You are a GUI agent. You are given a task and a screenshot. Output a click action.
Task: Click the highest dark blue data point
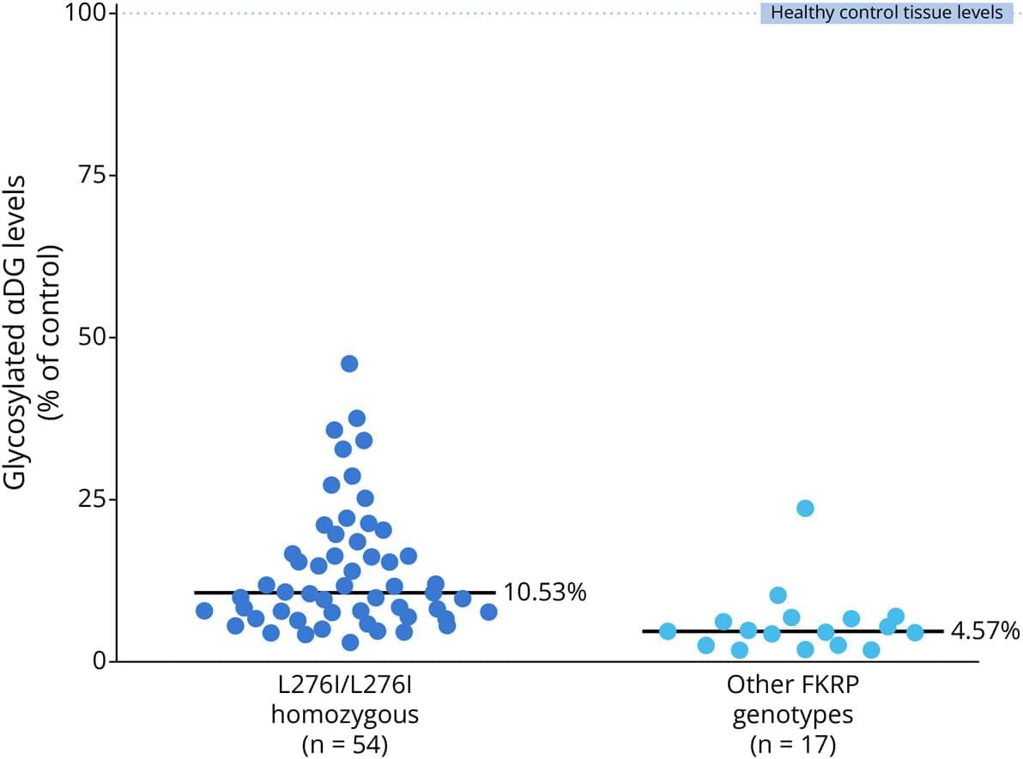(349, 364)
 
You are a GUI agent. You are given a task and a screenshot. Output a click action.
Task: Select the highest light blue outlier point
(805, 508)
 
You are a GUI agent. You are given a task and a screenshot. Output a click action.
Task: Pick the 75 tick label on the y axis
(94, 175)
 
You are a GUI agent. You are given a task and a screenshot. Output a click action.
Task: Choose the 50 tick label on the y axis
(94, 337)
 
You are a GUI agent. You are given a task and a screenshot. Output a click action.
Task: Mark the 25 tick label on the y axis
(94, 499)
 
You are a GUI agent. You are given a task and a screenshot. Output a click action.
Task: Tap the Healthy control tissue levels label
(887, 14)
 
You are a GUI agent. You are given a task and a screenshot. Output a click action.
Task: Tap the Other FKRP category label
(789, 686)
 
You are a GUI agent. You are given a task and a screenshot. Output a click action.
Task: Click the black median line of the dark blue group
(257, 593)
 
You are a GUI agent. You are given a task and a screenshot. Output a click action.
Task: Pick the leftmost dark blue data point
(204, 611)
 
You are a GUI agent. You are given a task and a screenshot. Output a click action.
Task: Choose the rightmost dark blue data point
(488, 611)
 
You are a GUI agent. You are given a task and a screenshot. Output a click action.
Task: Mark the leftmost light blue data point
(668, 632)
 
